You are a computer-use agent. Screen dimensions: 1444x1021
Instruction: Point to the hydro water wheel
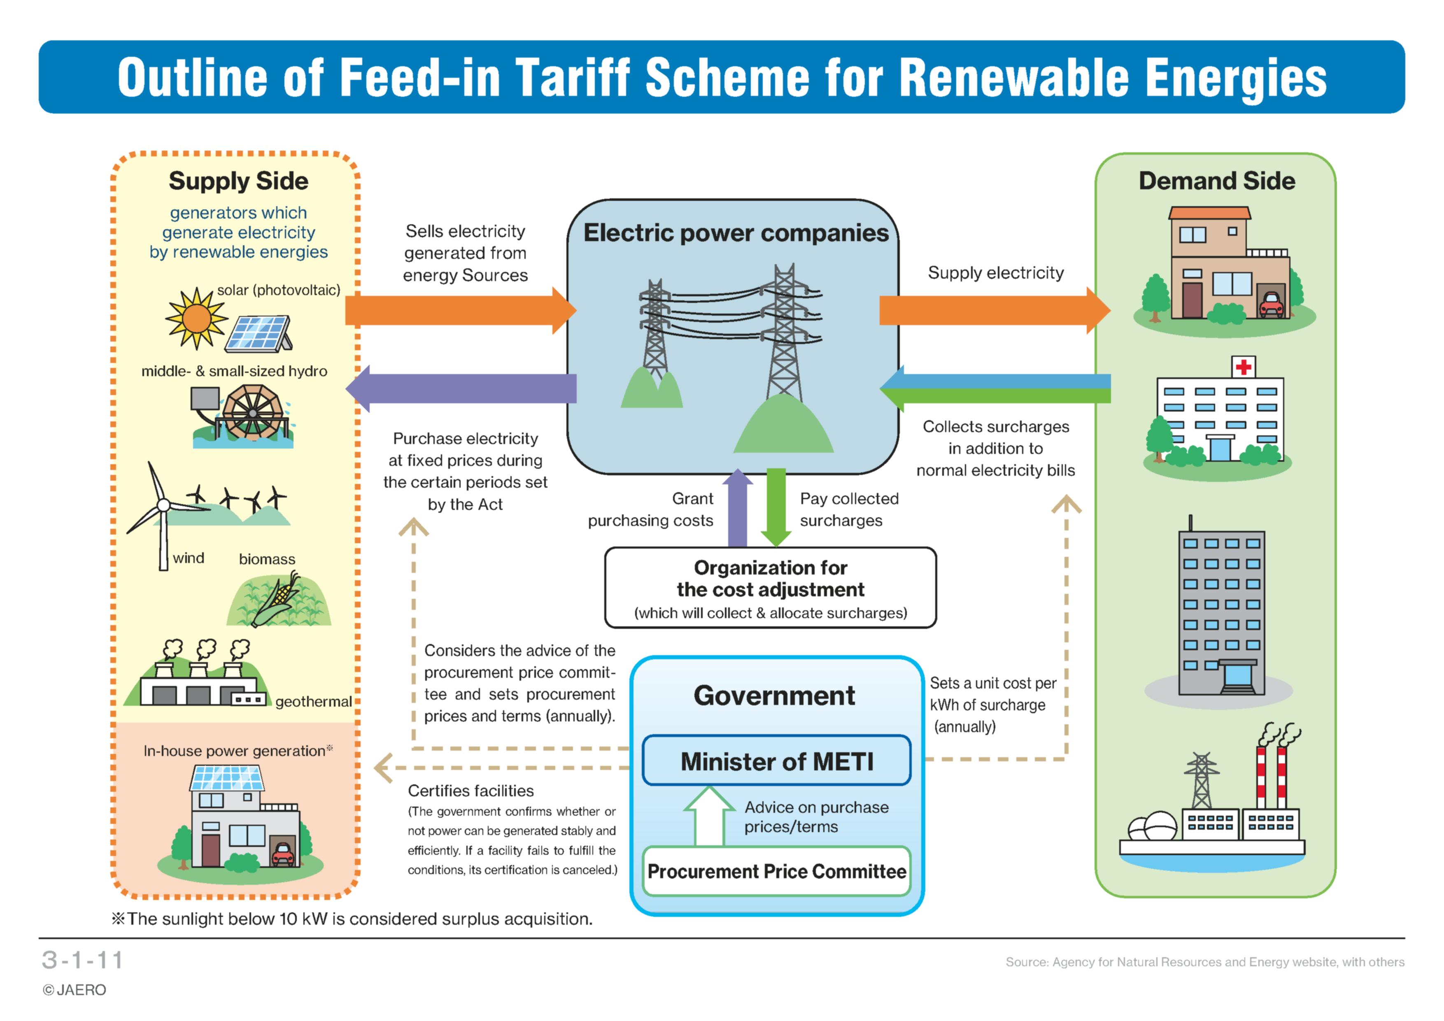point(252,413)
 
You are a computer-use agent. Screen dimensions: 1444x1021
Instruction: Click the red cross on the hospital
point(1244,367)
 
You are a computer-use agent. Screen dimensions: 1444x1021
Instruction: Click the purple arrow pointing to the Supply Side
point(461,388)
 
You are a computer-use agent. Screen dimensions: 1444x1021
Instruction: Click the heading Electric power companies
point(736,233)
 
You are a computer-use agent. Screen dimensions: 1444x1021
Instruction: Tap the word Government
point(774,695)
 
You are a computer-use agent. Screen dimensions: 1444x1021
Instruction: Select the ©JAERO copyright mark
point(74,990)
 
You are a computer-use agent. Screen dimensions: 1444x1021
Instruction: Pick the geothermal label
point(313,702)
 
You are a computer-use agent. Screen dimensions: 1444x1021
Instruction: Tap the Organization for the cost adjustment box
point(771,588)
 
